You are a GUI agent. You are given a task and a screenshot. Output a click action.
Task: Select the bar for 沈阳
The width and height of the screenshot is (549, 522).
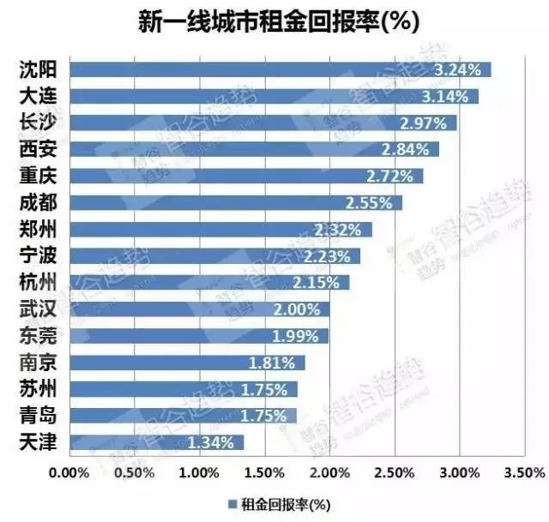(x=280, y=69)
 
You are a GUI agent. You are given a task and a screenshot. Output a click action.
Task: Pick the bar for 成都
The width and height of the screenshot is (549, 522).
(x=235, y=203)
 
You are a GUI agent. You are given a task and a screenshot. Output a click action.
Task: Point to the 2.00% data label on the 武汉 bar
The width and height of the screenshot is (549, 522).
(x=305, y=309)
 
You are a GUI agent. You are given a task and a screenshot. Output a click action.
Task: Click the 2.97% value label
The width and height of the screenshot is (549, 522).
(x=423, y=123)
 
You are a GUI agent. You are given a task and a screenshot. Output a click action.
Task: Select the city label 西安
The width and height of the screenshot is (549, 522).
(x=38, y=149)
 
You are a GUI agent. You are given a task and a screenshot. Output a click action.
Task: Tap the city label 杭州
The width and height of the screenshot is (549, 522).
(x=38, y=282)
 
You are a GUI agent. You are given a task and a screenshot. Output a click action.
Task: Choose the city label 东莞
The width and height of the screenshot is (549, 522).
(x=38, y=335)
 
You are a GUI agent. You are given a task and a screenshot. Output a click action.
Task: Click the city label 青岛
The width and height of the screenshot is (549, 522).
(x=38, y=416)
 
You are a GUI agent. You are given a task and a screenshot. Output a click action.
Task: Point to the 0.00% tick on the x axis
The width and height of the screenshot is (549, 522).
(x=69, y=472)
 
